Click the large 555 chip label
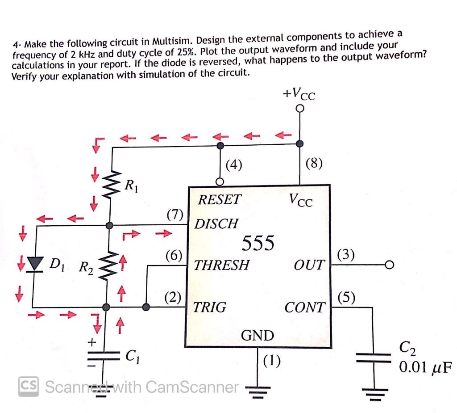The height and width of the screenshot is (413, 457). pyautogui.click(x=258, y=244)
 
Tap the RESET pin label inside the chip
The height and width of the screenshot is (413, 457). pyautogui.click(x=219, y=200)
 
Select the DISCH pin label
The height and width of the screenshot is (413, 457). pyautogui.click(x=216, y=223)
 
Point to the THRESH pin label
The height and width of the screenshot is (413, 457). pyautogui.click(x=221, y=265)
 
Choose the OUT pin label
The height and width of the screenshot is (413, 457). pyautogui.click(x=309, y=265)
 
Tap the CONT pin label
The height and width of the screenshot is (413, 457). pyautogui.click(x=305, y=308)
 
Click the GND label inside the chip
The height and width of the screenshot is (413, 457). pyautogui.click(x=258, y=335)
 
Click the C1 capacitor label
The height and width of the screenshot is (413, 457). pyautogui.click(x=131, y=356)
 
